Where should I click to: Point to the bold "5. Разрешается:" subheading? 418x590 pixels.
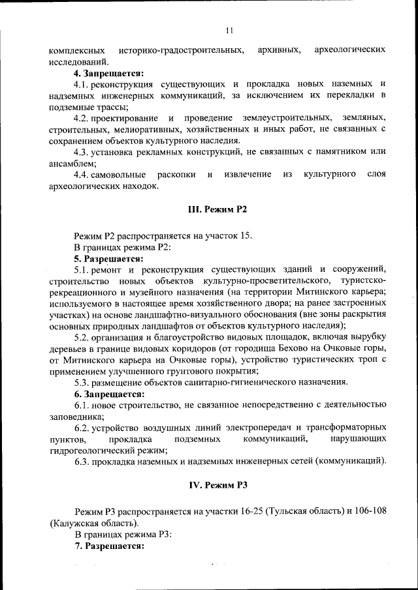(x=108, y=258)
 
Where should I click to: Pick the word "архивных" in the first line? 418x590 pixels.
(x=280, y=50)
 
